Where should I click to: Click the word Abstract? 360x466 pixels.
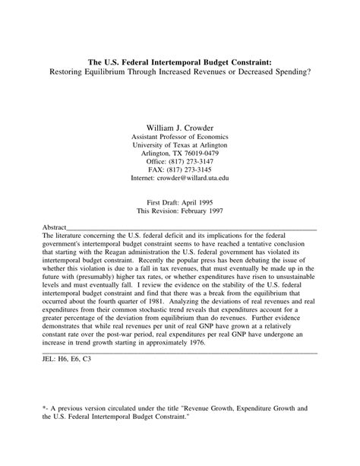54,227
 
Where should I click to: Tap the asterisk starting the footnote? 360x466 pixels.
44,408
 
